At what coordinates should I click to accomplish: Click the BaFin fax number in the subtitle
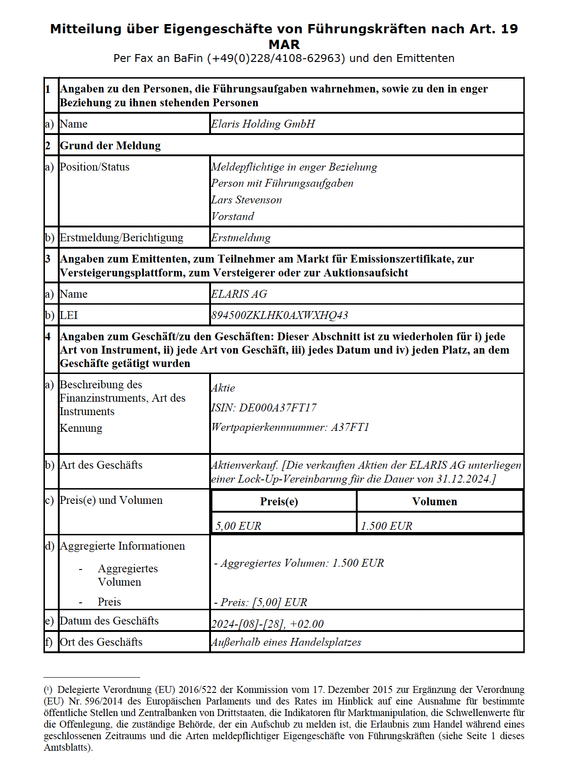(276, 58)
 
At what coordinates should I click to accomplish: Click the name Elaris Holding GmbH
(263, 124)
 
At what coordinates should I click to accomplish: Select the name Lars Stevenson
(246, 200)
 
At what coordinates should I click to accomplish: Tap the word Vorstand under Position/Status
(233, 216)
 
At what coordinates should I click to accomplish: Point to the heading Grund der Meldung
(110, 146)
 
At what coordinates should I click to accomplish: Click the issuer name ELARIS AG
(239, 294)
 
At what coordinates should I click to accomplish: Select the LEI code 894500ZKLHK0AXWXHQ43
(279, 315)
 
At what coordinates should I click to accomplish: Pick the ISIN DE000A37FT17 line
(264, 408)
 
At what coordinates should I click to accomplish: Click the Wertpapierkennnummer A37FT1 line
(290, 427)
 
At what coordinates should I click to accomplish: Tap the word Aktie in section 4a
(223, 388)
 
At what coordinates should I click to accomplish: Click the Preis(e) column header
(279, 502)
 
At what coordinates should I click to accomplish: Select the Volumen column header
(434, 502)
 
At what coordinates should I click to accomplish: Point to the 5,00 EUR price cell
(238, 526)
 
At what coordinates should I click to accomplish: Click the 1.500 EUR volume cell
(386, 526)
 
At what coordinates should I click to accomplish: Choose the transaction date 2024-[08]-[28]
(248, 624)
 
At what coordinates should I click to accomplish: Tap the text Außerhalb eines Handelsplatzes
(286, 642)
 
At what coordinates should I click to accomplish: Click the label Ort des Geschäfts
(101, 642)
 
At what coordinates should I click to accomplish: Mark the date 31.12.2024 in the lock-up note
(463, 479)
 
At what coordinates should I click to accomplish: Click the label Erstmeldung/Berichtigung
(121, 238)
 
